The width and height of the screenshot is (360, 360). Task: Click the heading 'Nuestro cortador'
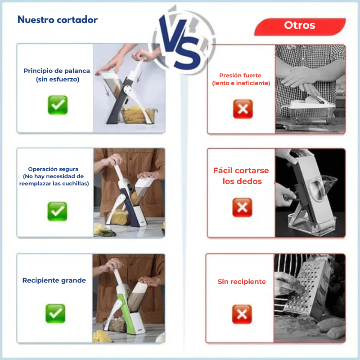tap(57, 20)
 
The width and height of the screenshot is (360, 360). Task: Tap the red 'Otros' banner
tap(300, 26)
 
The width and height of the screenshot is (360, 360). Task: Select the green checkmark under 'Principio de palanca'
tap(58, 105)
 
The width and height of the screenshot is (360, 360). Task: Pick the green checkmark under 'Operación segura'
tap(57, 211)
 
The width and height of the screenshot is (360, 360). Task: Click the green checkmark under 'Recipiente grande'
tap(55, 313)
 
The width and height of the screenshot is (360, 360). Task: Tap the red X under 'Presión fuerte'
tap(243, 109)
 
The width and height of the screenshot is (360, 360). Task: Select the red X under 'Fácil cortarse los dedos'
tap(242, 207)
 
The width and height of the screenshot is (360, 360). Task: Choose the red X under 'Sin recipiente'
tap(242, 314)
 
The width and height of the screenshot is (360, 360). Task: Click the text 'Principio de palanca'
tap(57, 71)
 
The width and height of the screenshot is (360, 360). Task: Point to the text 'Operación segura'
tap(53, 169)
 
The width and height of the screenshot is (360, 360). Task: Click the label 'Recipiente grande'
tap(54, 280)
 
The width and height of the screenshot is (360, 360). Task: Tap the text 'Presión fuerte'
tap(240, 76)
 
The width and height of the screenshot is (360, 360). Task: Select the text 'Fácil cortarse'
tap(241, 171)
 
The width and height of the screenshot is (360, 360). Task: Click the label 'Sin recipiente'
tap(242, 282)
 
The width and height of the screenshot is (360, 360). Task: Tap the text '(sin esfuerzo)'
tap(57, 79)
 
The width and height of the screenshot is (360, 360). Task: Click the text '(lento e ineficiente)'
tap(241, 83)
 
